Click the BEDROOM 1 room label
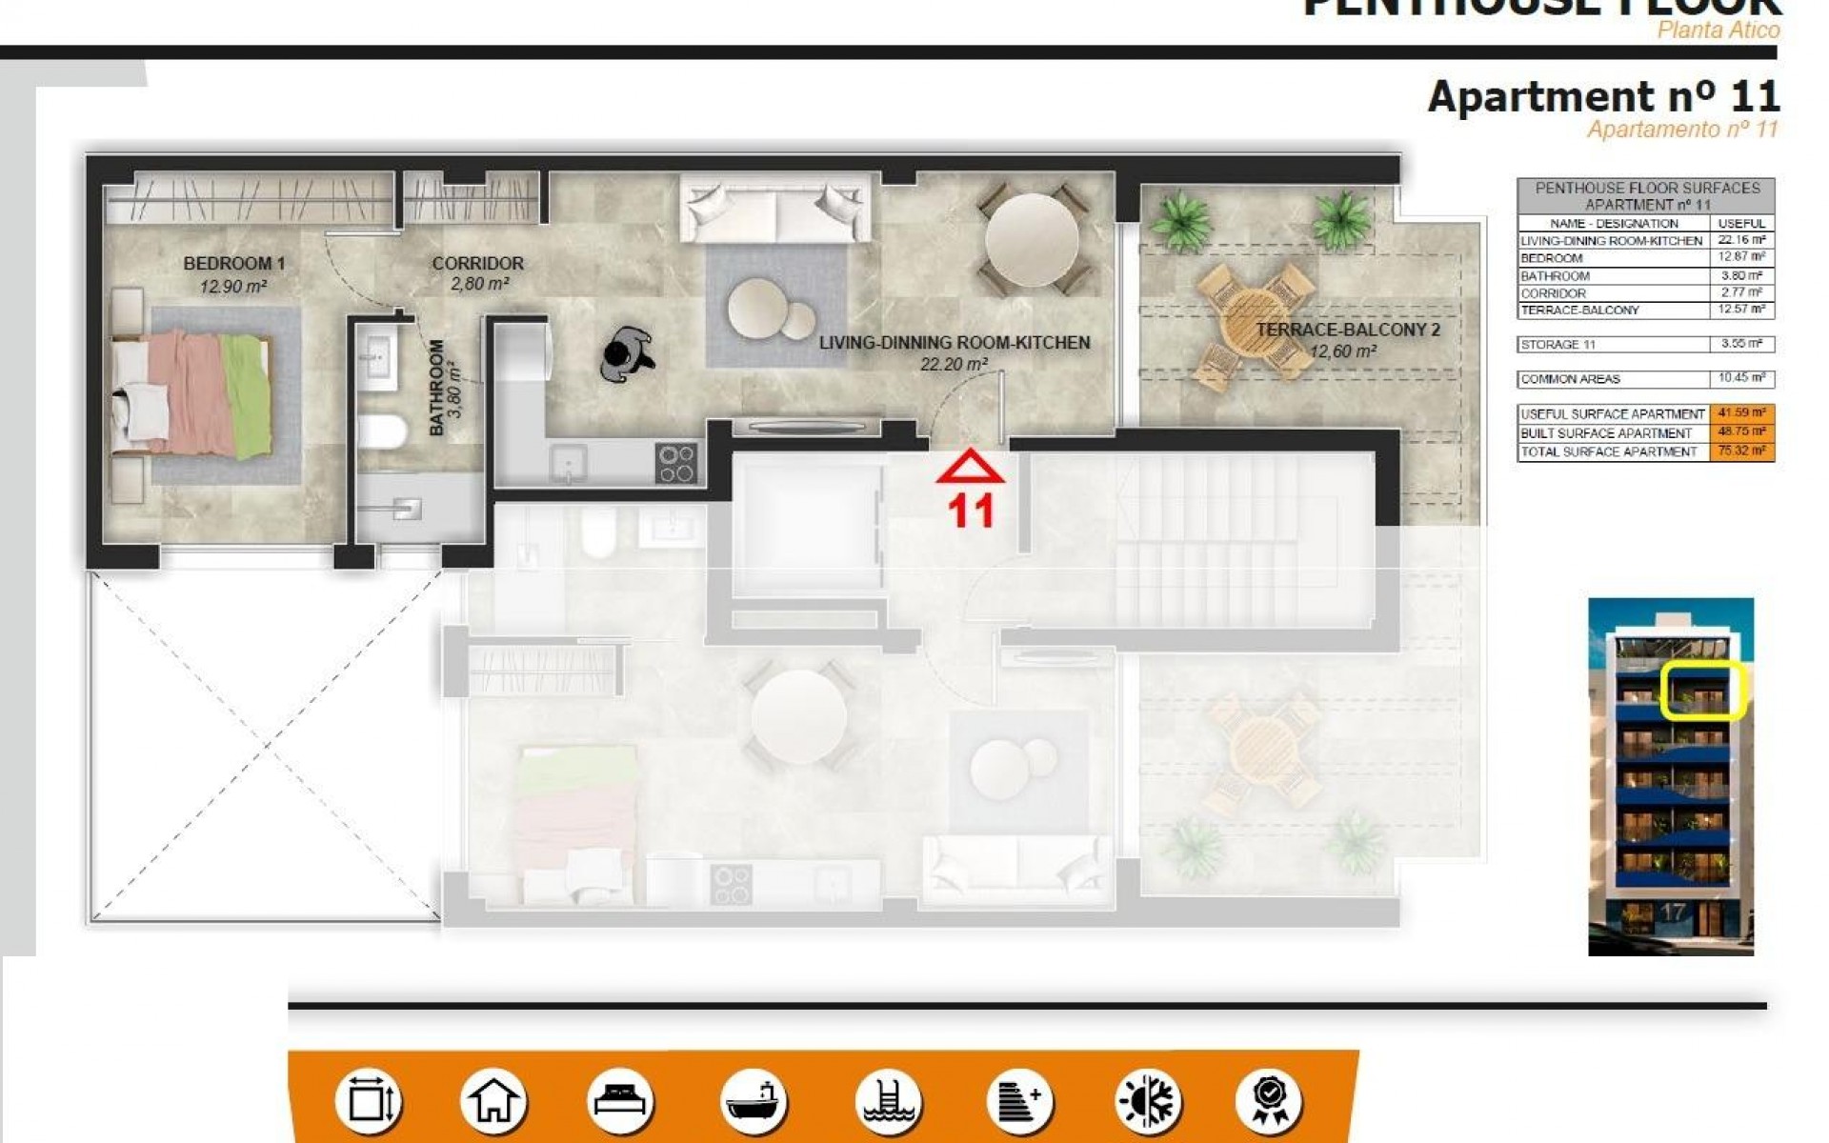tap(233, 263)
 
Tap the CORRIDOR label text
tap(477, 263)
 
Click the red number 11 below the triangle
tap(971, 511)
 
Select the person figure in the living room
tap(627, 354)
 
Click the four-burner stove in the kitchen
tap(676, 464)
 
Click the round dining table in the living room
tap(1031, 240)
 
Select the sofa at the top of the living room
tap(775, 209)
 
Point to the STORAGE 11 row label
tap(1558, 344)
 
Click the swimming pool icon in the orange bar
tap(887, 1100)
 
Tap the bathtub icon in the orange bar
tap(754, 1100)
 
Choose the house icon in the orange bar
tap(492, 1100)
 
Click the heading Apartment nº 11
tap(1602, 97)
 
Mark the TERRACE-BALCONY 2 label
tap(1347, 330)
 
